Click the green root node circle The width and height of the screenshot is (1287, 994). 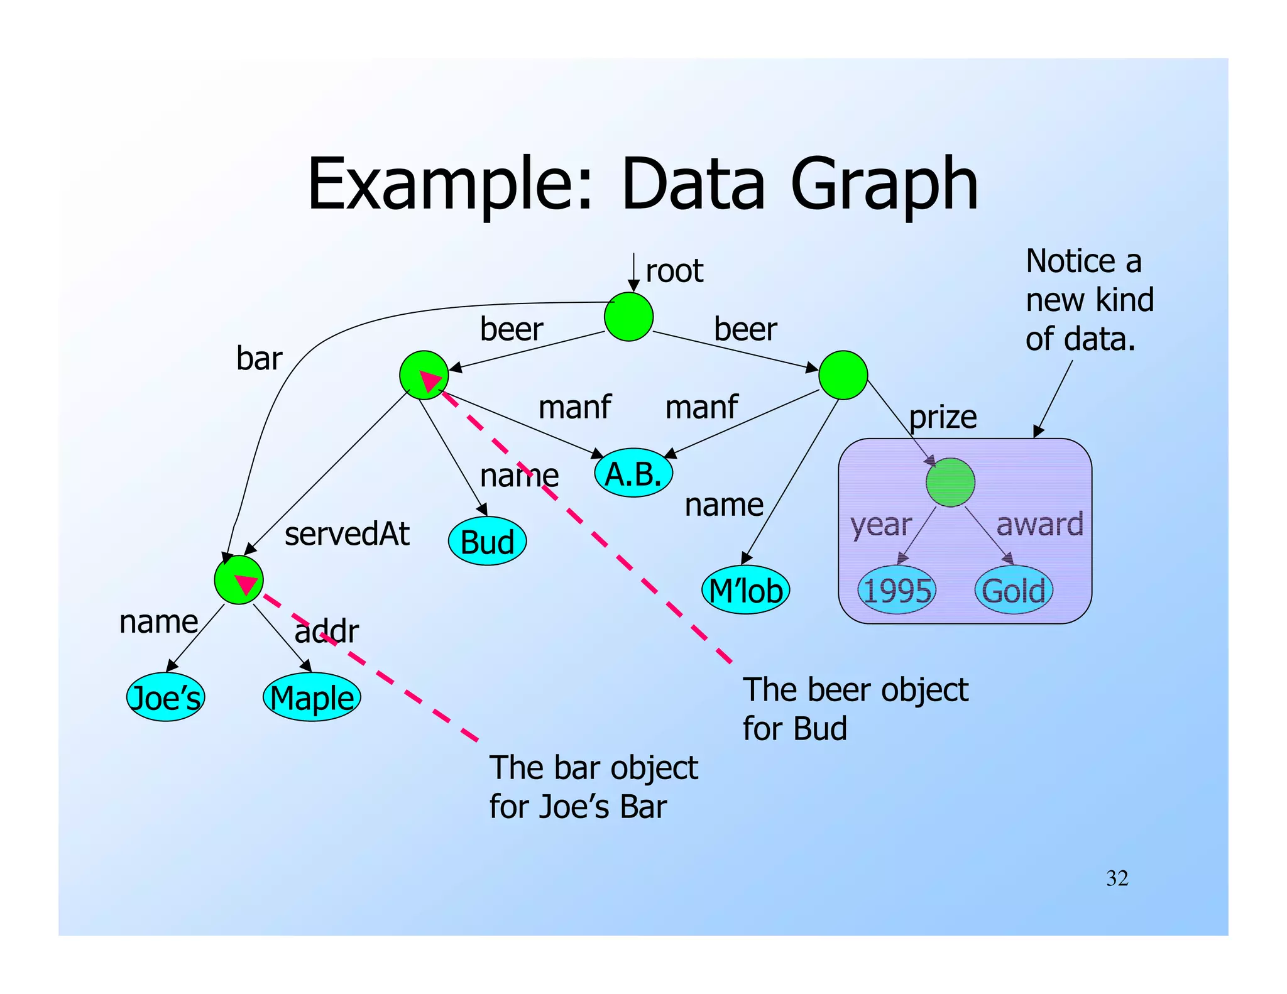tap(628, 317)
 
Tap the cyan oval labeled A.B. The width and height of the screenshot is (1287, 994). tap(633, 473)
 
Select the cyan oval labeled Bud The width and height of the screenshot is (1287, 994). tap(487, 542)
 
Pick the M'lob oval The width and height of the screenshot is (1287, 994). tap(745, 590)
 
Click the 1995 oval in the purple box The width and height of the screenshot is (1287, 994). tap(897, 590)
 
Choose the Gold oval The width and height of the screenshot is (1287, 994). tap(1014, 590)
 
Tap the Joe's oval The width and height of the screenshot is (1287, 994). tap(166, 697)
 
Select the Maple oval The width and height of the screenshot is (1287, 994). tap(312, 697)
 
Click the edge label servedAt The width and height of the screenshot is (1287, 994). tap(347, 534)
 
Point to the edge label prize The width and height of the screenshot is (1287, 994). tap(943, 417)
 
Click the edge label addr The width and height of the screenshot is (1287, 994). tap(327, 631)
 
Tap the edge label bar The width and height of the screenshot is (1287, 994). tap(259, 358)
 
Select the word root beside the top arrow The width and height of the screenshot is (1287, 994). tap(674, 271)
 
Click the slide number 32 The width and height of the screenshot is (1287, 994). tap(1117, 878)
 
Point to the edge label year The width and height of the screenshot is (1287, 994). tap(881, 524)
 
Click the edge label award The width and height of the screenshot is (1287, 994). tap(1040, 524)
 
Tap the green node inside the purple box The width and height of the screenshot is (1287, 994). tap(950, 483)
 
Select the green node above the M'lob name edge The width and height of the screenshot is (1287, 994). tap(843, 375)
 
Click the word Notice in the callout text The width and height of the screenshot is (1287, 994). tap(1068, 261)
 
